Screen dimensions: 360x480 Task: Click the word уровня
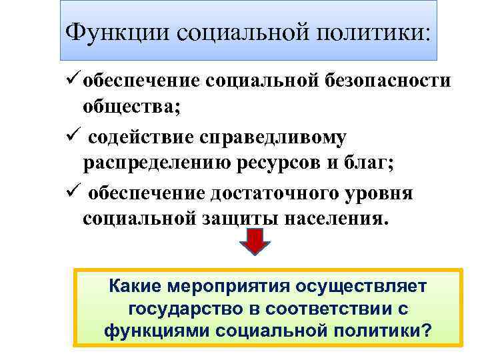pos(380,194)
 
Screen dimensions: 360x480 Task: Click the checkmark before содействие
pos(75,137)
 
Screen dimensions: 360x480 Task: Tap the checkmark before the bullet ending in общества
pos(75,79)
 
